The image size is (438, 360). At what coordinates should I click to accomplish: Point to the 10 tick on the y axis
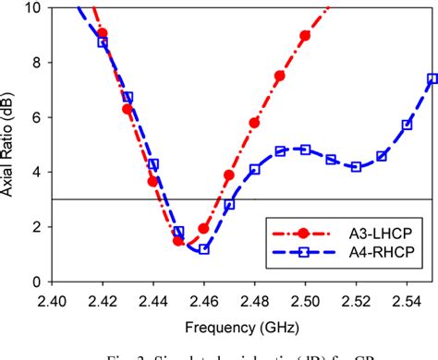(x=33, y=8)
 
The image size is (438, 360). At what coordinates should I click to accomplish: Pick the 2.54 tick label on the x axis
(x=407, y=300)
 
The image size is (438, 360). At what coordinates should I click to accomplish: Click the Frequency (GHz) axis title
(x=241, y=324)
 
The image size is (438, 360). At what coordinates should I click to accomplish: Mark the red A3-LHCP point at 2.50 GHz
(x=305, y=35)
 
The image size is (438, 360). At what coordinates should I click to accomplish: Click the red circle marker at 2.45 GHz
(x=178, y=240)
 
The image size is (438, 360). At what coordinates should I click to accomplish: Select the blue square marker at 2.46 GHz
(x=204, y=249)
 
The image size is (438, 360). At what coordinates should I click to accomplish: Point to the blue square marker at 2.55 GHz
(x=432, y=78)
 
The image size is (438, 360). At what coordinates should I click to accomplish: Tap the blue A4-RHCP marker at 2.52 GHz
(x=356, y=167)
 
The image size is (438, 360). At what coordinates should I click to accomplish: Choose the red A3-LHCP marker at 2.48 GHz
(x=254, y=122)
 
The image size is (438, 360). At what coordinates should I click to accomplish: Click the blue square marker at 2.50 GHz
(x=305, y=150)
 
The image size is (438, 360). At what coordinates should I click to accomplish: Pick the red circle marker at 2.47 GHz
(x=229, y=174)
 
